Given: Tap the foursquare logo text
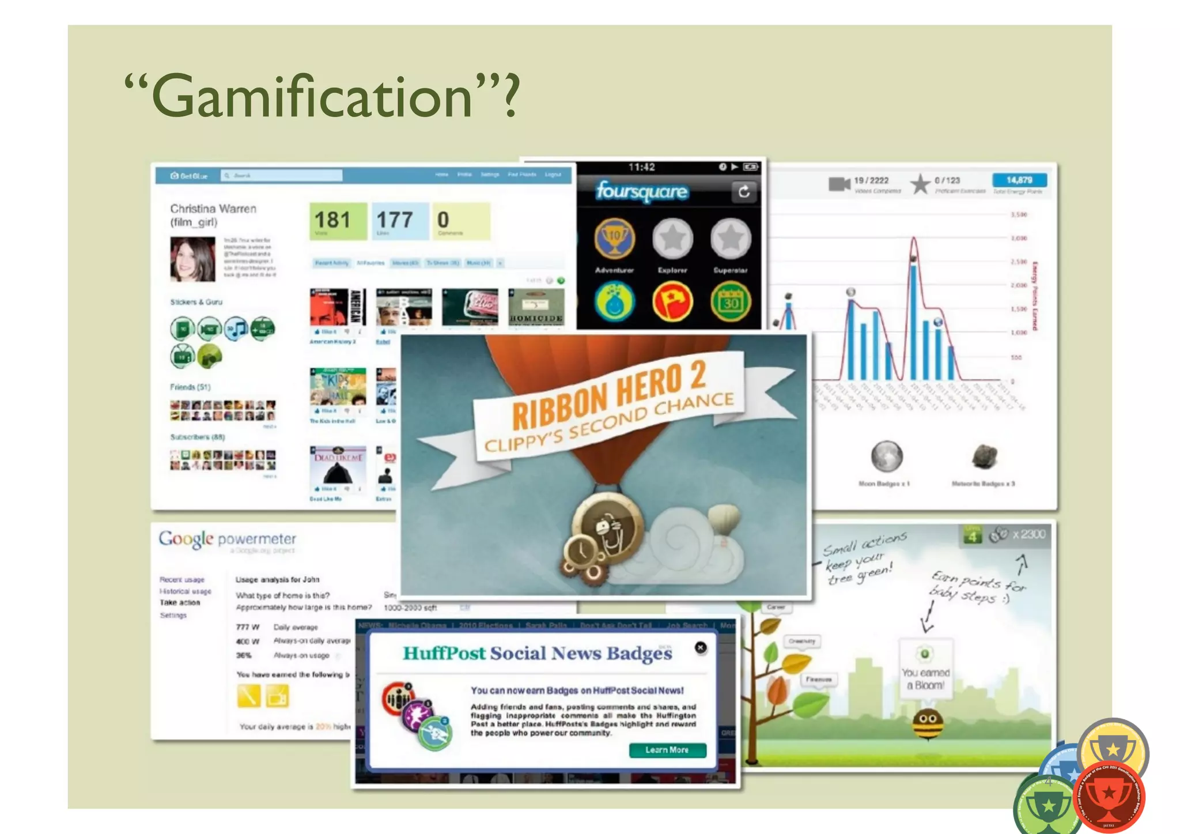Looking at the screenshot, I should click(642, 191).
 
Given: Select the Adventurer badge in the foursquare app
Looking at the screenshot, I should click(614, 239).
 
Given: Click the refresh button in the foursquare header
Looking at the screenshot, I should click(744, 191).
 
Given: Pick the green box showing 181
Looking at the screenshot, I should click(338, 221).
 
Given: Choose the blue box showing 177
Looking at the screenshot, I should click(400, 221).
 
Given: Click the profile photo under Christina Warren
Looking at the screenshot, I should click(193, 259).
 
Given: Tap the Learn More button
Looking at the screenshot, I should click(667, 750).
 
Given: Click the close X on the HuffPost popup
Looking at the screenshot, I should click(700, 647).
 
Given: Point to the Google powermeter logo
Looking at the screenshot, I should click(227, 539).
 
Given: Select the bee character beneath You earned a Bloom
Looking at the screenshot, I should click(927, 724).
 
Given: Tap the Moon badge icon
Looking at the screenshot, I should click(886, 456).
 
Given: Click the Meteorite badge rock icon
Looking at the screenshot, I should click(984, 456).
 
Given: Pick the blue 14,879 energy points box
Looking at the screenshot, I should click(1019, 180).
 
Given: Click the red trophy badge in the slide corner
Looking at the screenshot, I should click(1109, 797).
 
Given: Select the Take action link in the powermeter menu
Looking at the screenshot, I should click(180, 603).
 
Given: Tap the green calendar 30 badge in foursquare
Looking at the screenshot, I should click(731, 301).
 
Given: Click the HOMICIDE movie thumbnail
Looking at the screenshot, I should click(536, 308).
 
